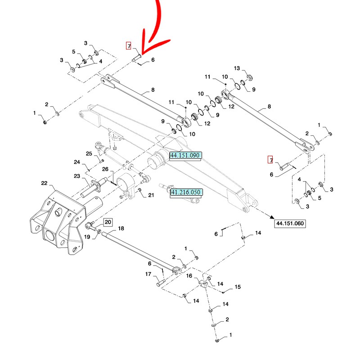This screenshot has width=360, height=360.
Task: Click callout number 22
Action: [44, 183]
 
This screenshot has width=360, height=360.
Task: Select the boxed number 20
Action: [108, 221]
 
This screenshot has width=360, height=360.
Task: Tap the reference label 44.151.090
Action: [185, 155]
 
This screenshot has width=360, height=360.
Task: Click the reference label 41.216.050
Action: [185, 193]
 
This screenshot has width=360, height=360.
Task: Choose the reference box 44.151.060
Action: [290, 223]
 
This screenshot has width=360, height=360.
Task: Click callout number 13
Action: [237, 68]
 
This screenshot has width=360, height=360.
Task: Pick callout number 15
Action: [238, 287]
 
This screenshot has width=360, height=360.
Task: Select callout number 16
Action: [189, 276]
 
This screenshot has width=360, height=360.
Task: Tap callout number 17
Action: [148, 274]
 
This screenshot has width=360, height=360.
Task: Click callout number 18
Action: [121, 229]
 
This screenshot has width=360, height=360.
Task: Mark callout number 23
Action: [77, 176]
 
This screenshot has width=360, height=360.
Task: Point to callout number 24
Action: [77, 162]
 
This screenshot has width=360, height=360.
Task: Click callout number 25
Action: [89, 153]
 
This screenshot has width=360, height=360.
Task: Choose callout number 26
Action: [105, 169]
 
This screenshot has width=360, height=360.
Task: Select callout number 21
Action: [151, 195]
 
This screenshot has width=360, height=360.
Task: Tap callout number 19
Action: [87, 236]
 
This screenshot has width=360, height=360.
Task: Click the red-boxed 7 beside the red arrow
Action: [129, 46]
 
